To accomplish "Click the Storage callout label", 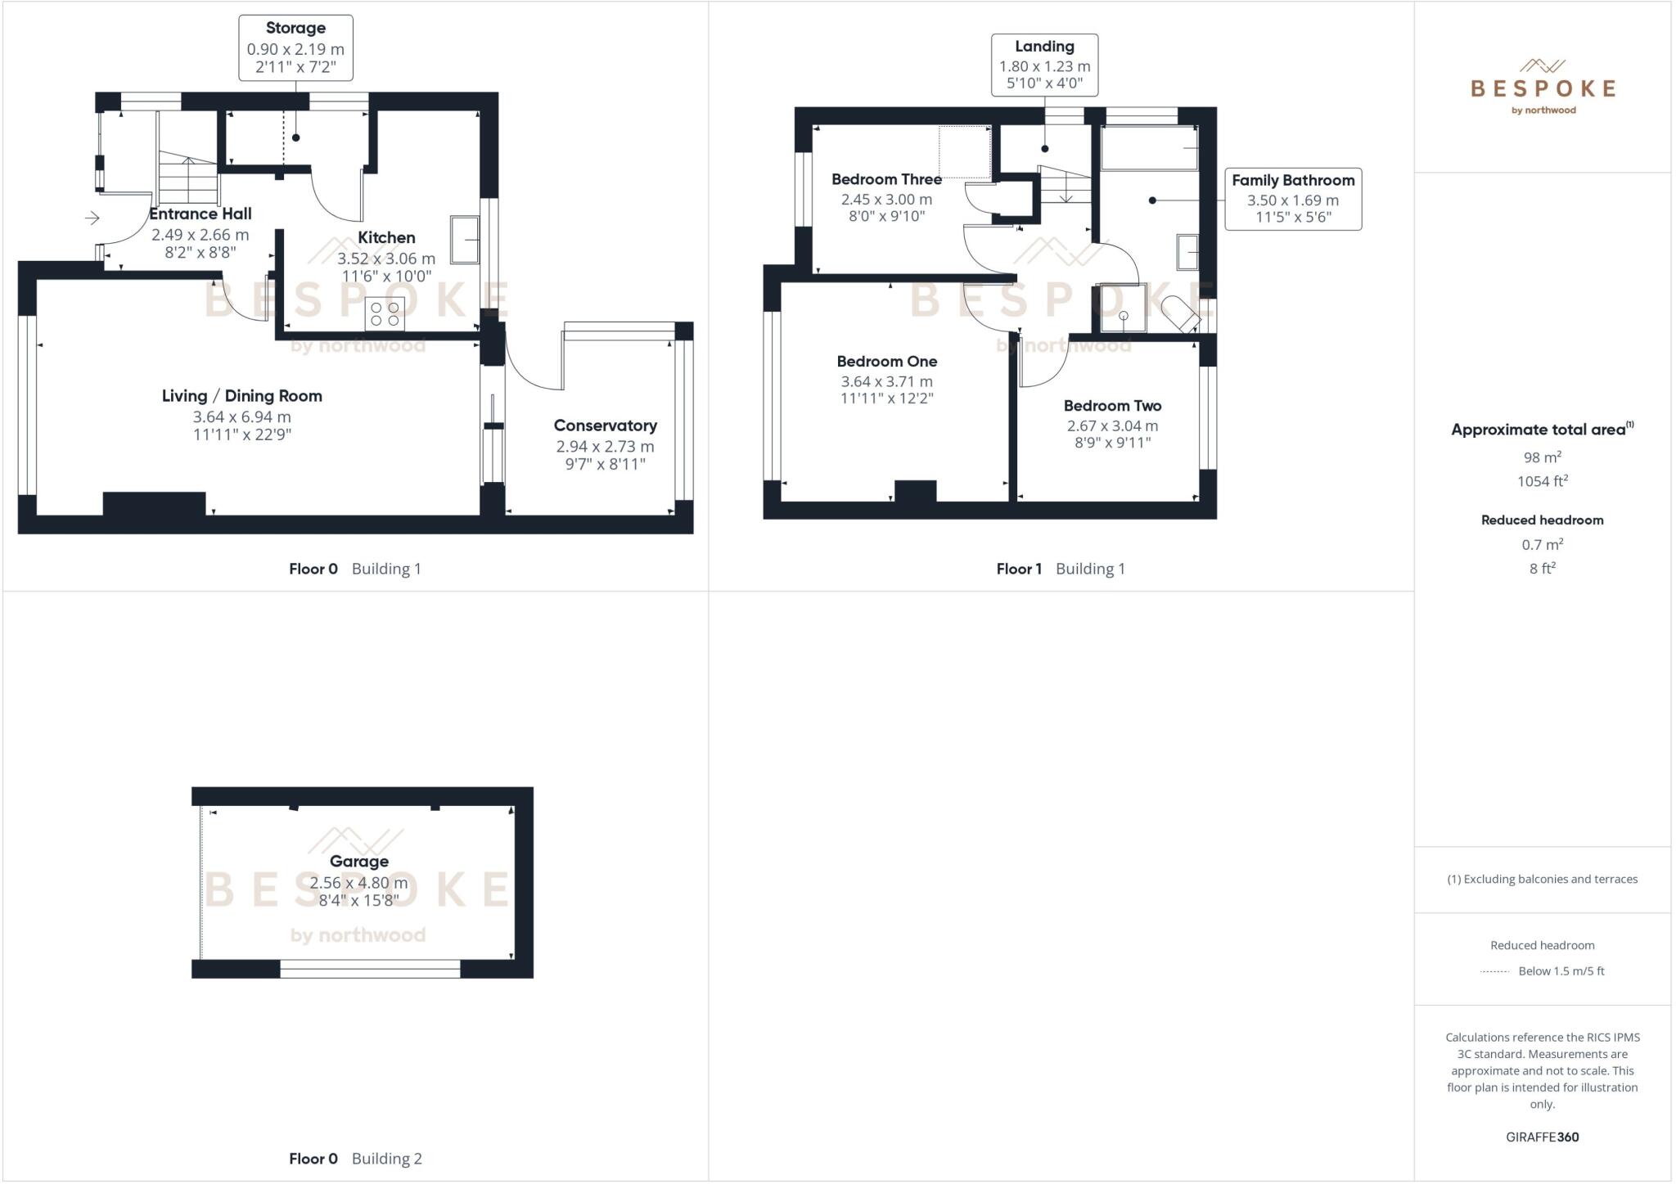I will click(295, 29).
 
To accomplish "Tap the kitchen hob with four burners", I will click(385, 314).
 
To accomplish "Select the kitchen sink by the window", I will click(464, 239).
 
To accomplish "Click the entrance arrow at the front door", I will click(92, 218).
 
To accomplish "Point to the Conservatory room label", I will click(605, 425).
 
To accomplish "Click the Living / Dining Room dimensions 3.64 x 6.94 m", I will click(241, 416).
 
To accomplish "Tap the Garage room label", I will click(358, 861).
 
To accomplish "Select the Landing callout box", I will click(1044, 65).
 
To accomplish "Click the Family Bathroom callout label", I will click(1292, 181).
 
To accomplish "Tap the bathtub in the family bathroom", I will click(1149, 148).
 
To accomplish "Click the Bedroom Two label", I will click(1112, 406).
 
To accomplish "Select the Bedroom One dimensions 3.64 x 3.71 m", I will click(886, 381).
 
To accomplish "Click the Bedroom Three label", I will click(886, 179).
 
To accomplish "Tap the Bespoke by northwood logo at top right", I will click(1543, 87).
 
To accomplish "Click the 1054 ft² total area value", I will click(1542, 481).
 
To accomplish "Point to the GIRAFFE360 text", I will click(1542, 1137).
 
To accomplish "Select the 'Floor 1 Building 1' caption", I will click(1060, 569).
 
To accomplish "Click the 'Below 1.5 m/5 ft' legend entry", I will click(1561, 971).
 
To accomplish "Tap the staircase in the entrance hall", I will click(187, 178).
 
